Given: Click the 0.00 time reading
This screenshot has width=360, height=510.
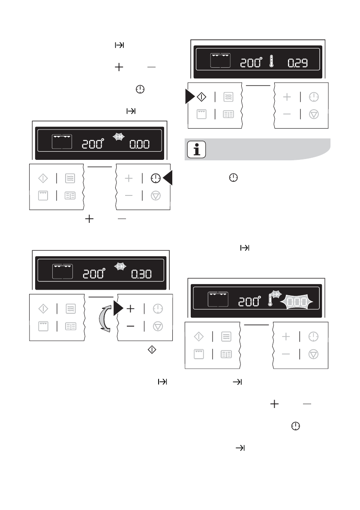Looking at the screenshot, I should (140, 144).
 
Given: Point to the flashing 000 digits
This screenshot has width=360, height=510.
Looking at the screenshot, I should (296, 302).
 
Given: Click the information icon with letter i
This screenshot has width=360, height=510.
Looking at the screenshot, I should (197, 150).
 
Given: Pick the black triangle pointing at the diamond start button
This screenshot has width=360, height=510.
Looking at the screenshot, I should (189, 97).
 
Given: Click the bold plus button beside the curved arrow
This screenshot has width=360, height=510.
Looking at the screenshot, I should (130, 309).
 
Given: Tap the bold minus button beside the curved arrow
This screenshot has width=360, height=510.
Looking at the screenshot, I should (130, 326).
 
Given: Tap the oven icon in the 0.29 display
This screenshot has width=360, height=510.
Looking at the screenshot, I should (220, 60).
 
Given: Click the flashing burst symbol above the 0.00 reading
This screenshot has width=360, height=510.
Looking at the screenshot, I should (120, 136).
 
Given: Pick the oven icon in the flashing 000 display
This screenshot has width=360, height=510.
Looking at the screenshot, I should (218, 299).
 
